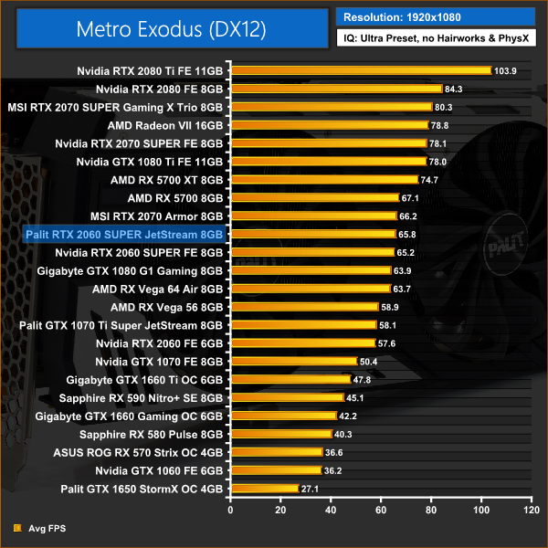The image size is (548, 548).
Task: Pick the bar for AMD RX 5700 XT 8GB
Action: pyautogui.click(x=325, y=180)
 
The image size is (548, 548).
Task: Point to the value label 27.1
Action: pyautogui.click(x=311, y=490)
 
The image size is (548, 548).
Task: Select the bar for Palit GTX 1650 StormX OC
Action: pyautogui.click(x=266, y=490)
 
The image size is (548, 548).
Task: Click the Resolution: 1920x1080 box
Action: pyautogui.click(x=436, y=16)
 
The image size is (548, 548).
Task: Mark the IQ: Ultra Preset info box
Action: pyautogui.click(x=436, y=40)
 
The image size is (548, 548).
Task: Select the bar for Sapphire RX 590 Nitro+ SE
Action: pyautogui.click(x=289, y=398)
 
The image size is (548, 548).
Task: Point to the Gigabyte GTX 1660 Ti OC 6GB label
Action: pyautogui.click(x=145, y=380)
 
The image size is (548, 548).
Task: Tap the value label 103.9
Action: pyautogui.click(x=504, y=70)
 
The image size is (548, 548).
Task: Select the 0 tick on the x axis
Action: pyautogui.click(x=233, y=509)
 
